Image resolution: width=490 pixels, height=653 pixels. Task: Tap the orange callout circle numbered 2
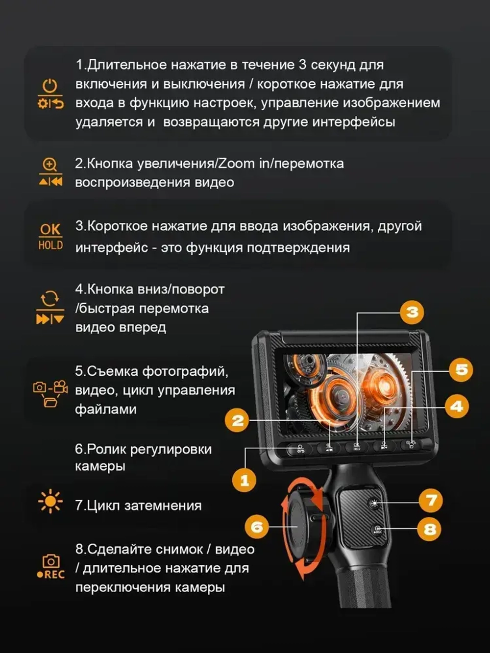(237, 420)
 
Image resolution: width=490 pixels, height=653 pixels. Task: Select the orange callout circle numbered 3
(412, 312)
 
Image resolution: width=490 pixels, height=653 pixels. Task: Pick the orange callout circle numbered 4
(457, 406)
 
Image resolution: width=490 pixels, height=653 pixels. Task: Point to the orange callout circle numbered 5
(461, 369)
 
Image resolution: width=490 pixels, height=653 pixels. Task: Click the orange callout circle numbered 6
(257, 527)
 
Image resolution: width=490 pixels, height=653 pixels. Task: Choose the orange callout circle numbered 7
(431, 500)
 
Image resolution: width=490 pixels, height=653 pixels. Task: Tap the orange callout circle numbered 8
(430, 529)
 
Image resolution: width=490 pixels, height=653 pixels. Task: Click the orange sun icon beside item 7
(50, 502)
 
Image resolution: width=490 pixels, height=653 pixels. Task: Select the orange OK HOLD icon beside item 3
(50, 237)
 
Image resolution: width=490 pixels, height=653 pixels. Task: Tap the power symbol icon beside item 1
(50, 86)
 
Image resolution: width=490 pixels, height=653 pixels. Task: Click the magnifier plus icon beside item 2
(50, 165)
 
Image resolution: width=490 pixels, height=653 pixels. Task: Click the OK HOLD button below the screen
(357, 446)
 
